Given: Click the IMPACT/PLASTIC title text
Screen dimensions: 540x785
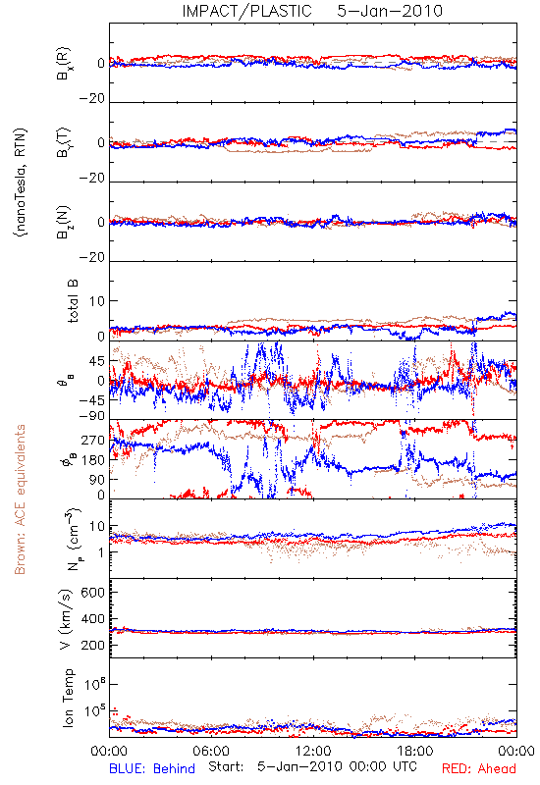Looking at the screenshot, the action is pyautogui.click(x=246, y=11).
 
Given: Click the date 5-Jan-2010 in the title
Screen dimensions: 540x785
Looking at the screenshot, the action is pyautogui.click(x=390, y=11).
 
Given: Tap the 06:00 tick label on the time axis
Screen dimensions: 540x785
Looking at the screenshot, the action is pyautogui.click(x=211, y=751).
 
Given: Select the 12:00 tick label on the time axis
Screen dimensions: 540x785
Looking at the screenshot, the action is pyautogui.click(x=313, y=751).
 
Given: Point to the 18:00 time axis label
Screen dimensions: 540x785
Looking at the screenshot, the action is pyautogui.click(x=415, y=751).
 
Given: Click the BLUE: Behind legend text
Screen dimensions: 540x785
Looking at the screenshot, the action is pyautogui.click(x=152, y=768).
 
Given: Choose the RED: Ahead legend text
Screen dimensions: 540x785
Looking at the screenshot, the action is pyautogui.click(x=478, y=768).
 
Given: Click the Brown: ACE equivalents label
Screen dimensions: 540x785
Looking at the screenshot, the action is pyautogui.click(x=20, y=499).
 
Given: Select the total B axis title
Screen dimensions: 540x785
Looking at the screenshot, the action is pyautogui.click(x=73, y=300).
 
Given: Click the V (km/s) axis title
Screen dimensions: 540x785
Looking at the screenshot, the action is pyautogui.click(x=66, y=619).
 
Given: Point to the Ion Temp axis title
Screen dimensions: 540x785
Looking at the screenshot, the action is pyautogui.click(x=68, y=698).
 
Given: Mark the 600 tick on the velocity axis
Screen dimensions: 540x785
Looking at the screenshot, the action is pyautogui.click(x=93, y=593).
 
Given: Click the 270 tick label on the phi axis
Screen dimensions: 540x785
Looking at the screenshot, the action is pyautogui.click(x=93, y=440).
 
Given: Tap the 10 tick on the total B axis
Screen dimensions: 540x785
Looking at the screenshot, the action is pyautogui.click(x=97, y=301).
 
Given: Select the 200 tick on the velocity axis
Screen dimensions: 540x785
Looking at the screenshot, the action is pyautogui.click(x=93, y=646).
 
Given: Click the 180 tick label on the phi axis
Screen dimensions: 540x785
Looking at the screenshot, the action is pyautogui.click(x=93, y=460).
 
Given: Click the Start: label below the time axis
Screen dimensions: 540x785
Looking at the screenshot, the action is pyautogui.click(x=226, y=766).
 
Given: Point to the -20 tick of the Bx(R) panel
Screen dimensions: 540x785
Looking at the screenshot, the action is pyautogui.click(x=91, y=99).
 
